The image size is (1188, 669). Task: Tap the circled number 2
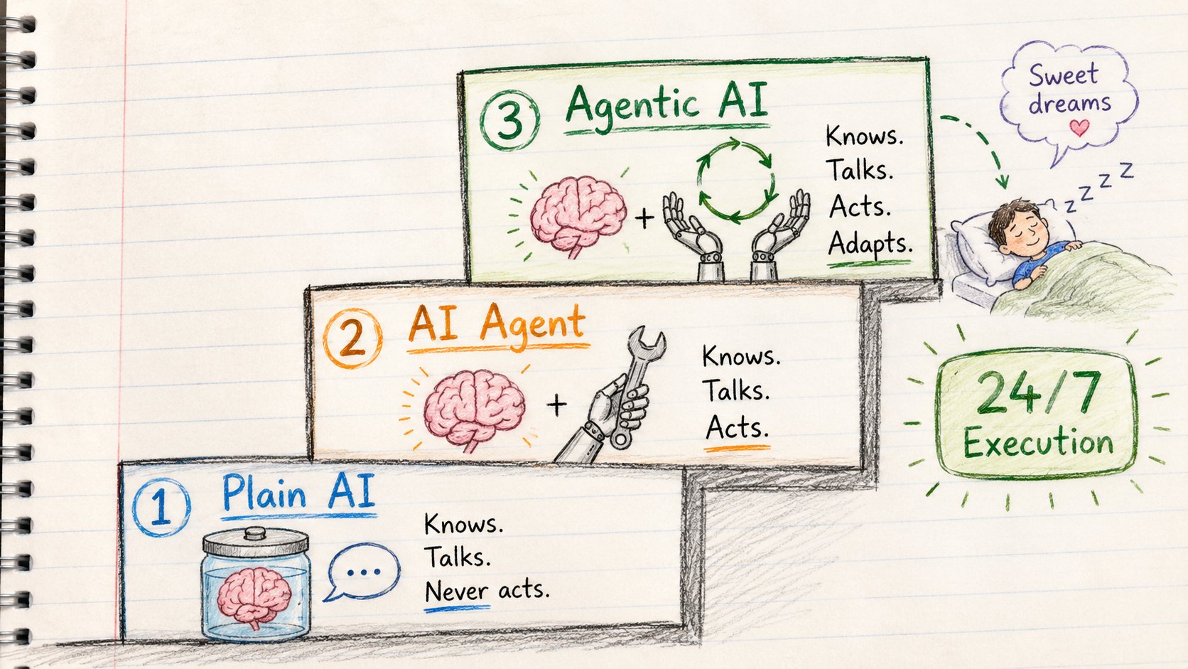pos(352,338)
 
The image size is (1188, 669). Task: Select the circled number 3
pos(509,120)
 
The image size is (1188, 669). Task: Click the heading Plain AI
pos(298,492)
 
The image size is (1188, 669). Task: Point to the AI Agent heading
pos(497,325)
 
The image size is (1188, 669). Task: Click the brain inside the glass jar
pos(254,595)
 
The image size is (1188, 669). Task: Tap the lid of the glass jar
pos(255,540)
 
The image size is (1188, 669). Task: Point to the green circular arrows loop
pos(735,180)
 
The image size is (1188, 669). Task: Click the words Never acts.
pos(487,591)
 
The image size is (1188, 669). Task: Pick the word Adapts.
pos(870,244)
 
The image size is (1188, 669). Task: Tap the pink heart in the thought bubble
pos(1079,127)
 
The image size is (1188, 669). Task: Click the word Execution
pos(1038,443)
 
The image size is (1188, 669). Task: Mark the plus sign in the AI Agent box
pos(556,406)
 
